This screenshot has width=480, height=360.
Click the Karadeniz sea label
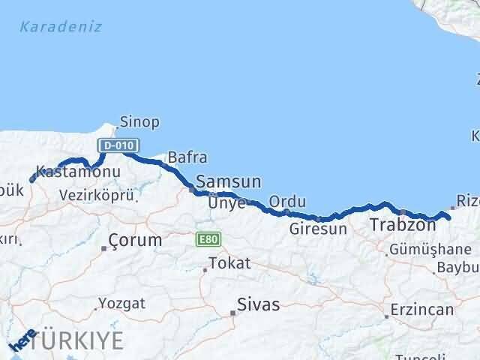click(61, 28)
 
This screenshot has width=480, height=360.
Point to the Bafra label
click(187, 157)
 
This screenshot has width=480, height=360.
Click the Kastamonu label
click(67, 172)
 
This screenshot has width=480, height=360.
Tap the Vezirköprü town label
click(97, 195)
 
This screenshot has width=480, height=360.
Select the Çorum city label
click(135, 241)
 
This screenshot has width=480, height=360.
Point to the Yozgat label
click(121, 304)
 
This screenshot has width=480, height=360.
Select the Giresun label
click(319, 228)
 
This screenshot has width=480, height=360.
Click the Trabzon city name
click(403, 224)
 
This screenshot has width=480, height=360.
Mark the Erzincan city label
click(422, 310)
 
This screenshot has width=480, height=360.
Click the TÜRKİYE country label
click(78, 340)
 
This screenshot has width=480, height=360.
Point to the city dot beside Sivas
click(232, 313)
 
